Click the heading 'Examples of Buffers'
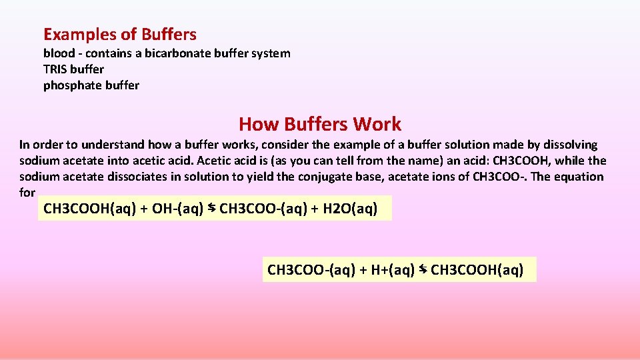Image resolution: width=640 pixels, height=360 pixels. pos(120,34)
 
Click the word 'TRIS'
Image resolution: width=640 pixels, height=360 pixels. pos(55,69)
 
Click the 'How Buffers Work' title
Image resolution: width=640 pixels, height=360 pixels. pos(320,124)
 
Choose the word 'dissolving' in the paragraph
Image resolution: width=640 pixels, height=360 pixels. pos(569,145)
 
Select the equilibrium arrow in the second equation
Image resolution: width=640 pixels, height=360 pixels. pos(423,270)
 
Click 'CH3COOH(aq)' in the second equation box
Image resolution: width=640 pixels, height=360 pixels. pos(477,270)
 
